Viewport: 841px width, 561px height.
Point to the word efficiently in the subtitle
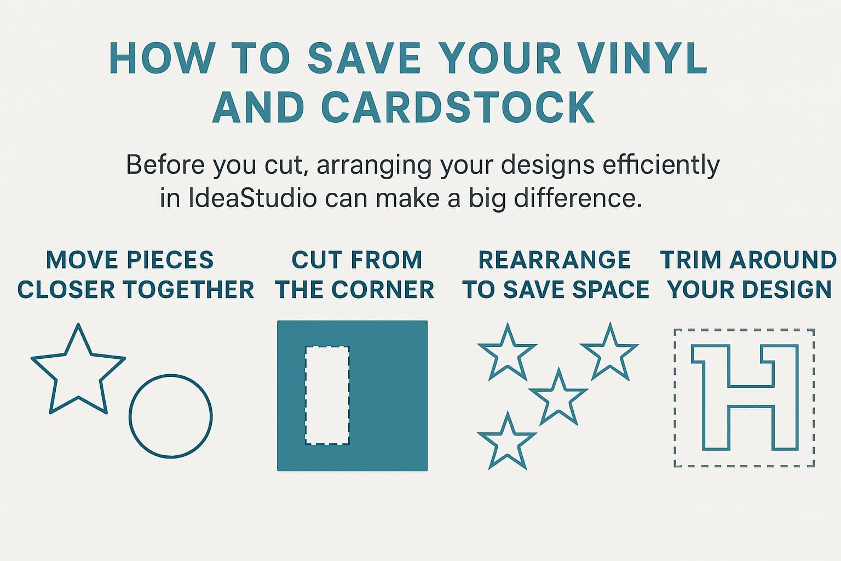[x=661, y=165]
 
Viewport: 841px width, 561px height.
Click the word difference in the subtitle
[x=578, y=198]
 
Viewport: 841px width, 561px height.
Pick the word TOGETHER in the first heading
[x=189, y=289]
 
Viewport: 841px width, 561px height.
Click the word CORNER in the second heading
[x=383, y=289]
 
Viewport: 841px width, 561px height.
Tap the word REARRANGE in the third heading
[x=555, y=260]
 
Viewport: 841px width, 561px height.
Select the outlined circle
[x=130, y=416]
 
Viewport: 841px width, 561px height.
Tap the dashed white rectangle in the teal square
[x=306, y=396]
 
